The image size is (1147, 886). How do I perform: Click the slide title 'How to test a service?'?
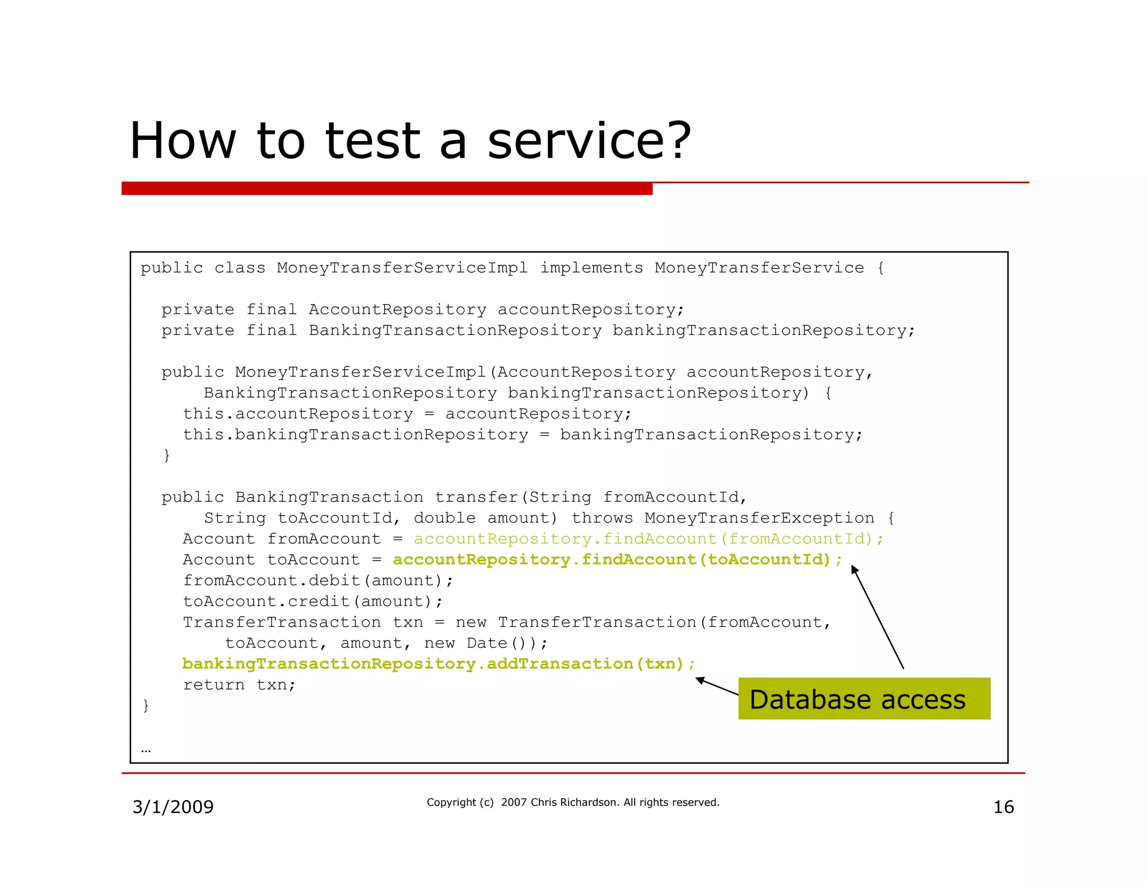[410, 141]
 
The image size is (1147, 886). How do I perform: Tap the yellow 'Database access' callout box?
[864, 699]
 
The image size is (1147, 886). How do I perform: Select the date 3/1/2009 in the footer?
[172, 807]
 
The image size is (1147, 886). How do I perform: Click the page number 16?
[1003, 807]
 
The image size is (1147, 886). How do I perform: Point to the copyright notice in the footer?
[572, 803]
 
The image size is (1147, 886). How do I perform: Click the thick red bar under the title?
[386, 189]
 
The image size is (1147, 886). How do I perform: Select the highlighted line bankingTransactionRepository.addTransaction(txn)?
[438, 664]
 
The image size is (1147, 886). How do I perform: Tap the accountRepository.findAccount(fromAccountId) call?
[648, 539]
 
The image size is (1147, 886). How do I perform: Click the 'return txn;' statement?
[239, 685]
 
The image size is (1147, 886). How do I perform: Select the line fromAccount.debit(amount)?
[318, 581]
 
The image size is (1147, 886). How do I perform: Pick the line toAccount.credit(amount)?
[313, 601]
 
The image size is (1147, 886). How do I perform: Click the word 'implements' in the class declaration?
[591, 268]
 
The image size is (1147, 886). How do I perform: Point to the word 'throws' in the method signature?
[602, 518]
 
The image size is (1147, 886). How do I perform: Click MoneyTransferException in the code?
[759, 518]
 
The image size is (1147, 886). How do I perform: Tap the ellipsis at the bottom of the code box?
[146, 749]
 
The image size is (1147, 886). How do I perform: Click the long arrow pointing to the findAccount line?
[878, 617]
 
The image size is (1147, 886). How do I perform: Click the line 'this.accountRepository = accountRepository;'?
[407, 414]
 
